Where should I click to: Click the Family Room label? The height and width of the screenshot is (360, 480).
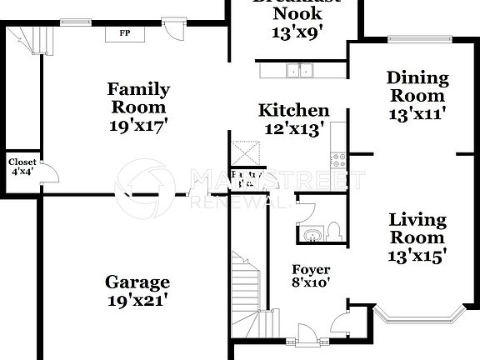(138, 97)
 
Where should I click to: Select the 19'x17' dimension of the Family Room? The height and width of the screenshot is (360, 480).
(138, 126)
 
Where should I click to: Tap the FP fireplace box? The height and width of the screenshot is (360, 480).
(124, 33)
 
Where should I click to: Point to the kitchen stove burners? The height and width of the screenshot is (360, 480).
(339, 157)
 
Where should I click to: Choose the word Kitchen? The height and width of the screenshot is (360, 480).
(293, 110)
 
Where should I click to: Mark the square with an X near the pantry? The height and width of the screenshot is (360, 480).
(247, 153)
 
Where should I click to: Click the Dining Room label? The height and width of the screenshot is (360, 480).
(417, 87)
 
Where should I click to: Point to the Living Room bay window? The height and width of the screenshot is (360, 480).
(417, 316)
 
